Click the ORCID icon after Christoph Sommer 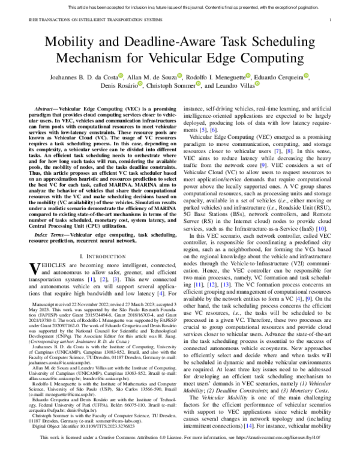click(199, 86)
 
